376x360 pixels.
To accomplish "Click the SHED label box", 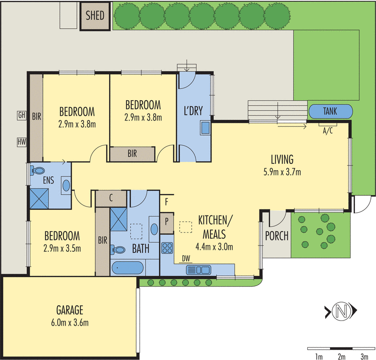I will click(x=95, y=16).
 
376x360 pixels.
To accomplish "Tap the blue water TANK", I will click(x=330, y=112).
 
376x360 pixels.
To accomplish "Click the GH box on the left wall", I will click(x=21, y=115).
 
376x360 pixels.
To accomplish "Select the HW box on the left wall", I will click(x=21, y=141).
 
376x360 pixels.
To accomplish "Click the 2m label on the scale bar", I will click(x=342, y=355).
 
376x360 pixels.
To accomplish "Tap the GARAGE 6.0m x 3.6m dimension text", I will click(x=70, y=322).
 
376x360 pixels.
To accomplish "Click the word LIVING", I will click(x=282, y=159).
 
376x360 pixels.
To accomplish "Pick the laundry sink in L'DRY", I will click(x=205, y=128).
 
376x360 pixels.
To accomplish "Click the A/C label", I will click(x=328, y=131).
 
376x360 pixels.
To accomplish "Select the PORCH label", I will click(x=277, y=236).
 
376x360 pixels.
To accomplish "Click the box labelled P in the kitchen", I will click(x=167, y=221).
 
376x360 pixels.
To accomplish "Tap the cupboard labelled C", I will click(x=111, y=198).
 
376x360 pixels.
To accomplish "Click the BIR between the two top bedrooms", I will click(x=132, y=153).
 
